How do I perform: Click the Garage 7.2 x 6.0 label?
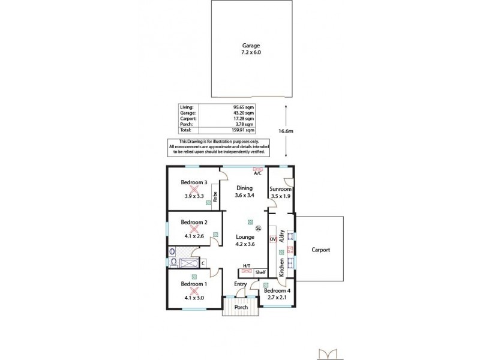pos(251,49)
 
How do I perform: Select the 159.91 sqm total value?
pos(244,130)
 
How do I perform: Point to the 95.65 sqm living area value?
pos(244,107)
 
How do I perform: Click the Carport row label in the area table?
pos(188,118)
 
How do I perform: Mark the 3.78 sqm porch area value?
pos(246,124)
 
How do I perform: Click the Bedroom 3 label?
pos(194,182)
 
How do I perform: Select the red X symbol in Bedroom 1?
pos(194,290)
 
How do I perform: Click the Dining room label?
pos(243,188)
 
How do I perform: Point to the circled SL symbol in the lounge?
pos(259,229)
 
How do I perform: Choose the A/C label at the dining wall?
pos(257,173)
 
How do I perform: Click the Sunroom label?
pos(280,188)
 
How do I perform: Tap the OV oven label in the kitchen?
pos(272,239)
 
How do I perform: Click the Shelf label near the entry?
pos(260,272)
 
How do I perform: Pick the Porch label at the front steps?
pos(241,307)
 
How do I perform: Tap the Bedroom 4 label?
pos(277,291)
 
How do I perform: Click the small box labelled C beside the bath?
pos(203,262)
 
